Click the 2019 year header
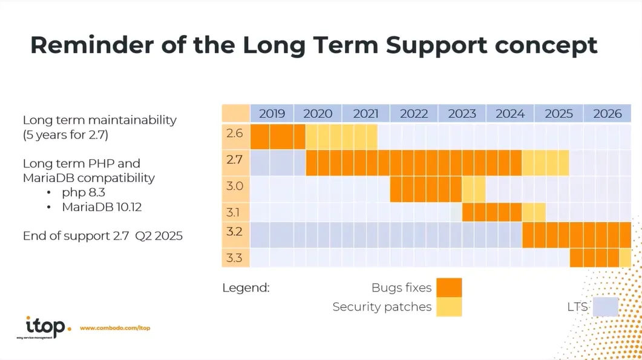(x=272, y=113)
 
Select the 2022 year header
(x=414, y=113)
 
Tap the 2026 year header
(x=607, y=113)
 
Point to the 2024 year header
(x=510, y=113)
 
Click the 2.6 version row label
(x=235, y=133)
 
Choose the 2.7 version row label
(x=235, y=161)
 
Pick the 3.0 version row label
(x=235, y=186)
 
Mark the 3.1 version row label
(x=235, y=212)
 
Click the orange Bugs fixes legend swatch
(x=448, y=287)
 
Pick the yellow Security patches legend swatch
(x=448, y=307)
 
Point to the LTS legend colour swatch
(x=605, y=307)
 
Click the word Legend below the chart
(x=246, y=288)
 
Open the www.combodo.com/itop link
(x=115, y=328)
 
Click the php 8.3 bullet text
(x=84, y=192)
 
